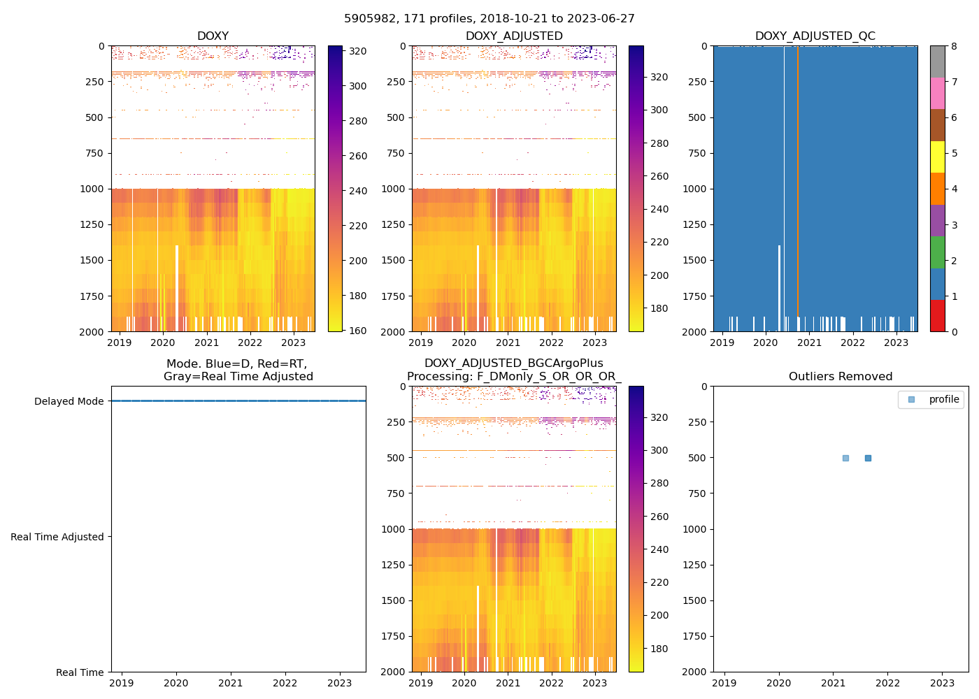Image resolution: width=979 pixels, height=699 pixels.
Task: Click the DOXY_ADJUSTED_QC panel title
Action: (815, 36)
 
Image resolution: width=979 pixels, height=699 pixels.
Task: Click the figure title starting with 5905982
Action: (489, 19)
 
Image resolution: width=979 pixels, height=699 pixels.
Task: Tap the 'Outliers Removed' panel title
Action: (841, 377)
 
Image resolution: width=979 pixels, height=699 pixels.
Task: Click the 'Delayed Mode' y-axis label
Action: (69, 401)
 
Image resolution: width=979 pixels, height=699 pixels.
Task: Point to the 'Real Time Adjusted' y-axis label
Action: (57, 537)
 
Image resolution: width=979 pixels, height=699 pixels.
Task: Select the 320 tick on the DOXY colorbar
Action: (358, 51)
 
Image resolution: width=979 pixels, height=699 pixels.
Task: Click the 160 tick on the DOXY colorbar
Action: (358, 331)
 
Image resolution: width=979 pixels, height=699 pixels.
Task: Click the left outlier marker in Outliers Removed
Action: (845, 458)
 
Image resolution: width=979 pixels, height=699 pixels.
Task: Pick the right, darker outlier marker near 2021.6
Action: (868, 458)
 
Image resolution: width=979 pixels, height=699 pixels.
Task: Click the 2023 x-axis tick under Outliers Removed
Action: (942, 683)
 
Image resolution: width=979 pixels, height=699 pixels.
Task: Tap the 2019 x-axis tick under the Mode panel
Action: (122, 683)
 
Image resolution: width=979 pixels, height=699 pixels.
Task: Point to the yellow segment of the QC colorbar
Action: (937, 157)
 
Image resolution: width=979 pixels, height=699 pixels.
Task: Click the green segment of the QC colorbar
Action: (937, 252)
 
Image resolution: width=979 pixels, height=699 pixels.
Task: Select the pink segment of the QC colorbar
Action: (937, 93)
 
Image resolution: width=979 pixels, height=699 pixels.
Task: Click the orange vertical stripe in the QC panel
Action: (797, 189)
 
